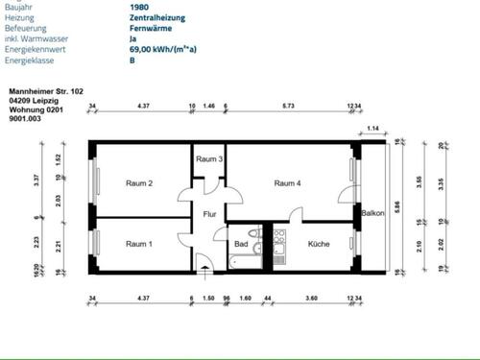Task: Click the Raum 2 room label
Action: pyautogui.click(x=139, y=183)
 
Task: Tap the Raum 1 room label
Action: pyautogui.click(x=139, y=244)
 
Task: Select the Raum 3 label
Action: pyautogui.click(x=209, y=159)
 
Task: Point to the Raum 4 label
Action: pyautogui.click(x=287, y=183)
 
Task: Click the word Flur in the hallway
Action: pyautogui.click(x=209, y=214)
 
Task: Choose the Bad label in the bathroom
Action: pyautogui.click(x=241, y=244)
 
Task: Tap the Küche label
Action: pyautogui.click(x=319, y=244)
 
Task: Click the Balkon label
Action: pyautogui.click(x=372, y=214)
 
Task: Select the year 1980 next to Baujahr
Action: pyautogui.click(x=138, y=7)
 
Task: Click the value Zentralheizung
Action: pyautogui.click(x=157, y=17)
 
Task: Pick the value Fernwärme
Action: pyautogui.click(x=151, y=28)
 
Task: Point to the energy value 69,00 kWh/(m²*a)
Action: pyautogui.click(x=166, y=49)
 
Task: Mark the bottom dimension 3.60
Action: pyautogui.click(x=311, y=299)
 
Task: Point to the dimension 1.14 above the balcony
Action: pyautogui.click(x=372, y=128)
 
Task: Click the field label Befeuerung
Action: pyautogui.click(x=28, y=28)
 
